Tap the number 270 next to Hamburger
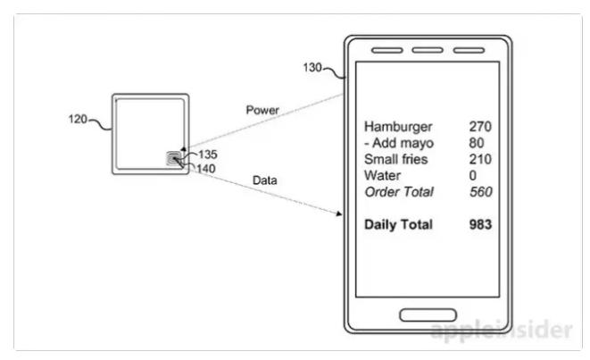[x=480, y=127]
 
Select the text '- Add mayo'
[x=400, y=143]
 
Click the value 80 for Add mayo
[x=477, y=143]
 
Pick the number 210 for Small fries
[x=480, y=159]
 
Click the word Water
[x=383, y=175]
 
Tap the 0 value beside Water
[x=473, y=175]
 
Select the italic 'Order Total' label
[x=399, y=191]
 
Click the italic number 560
[x=480, y=191]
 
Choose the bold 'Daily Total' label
[x=398, y=224]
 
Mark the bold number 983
[x=480, y=224]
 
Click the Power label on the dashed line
[x=263, y=110]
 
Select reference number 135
[x=206, y=154]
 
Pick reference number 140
[x=206, y=167]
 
